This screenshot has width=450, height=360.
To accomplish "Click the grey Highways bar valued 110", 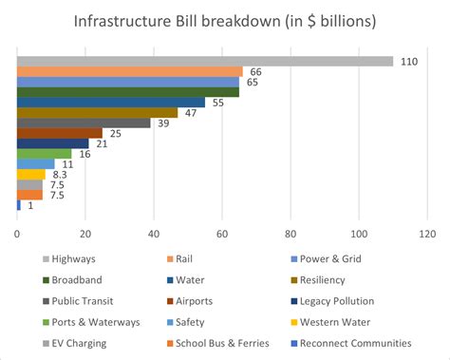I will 204,62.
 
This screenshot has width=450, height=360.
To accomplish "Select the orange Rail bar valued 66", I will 130,72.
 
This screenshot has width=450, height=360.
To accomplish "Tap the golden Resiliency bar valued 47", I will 97,113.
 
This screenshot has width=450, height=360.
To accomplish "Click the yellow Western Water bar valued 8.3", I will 31,174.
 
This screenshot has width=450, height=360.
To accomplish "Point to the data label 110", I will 408,62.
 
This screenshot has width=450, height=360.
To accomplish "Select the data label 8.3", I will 60,175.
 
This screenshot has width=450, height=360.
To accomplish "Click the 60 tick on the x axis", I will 222,231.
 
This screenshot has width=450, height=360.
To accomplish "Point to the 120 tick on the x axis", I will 426,231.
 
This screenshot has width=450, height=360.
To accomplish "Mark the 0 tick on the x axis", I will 17,231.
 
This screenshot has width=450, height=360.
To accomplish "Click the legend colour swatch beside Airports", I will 169,302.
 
